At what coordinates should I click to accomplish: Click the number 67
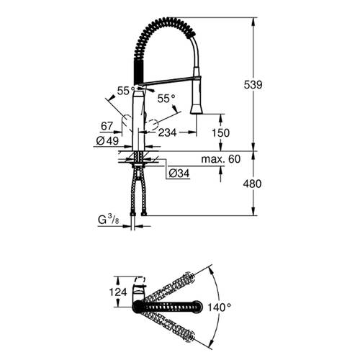(107, 126)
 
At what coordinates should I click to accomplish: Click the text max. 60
(221, 158)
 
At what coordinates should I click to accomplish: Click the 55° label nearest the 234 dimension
(166, 98)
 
